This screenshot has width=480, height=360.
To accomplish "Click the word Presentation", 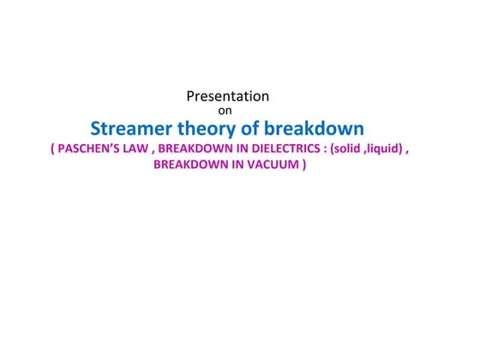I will coord(227,96).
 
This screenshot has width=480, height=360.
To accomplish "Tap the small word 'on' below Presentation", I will coord(228,110).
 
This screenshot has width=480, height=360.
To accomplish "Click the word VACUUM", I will coord(273,165).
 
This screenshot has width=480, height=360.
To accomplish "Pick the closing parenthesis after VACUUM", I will coord(303,165).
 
